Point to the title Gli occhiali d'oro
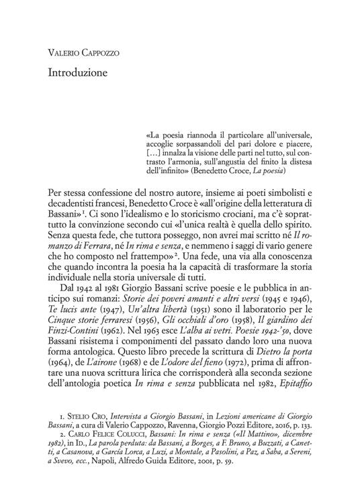[204, 306]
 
